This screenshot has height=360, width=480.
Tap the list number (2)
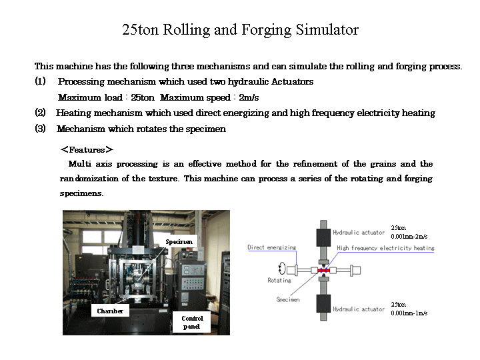[x=40, y=113]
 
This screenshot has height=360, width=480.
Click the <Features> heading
[x=87, y=150]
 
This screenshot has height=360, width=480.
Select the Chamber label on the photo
[x=110, y=311]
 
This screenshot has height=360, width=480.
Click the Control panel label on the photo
[x=191, y=322]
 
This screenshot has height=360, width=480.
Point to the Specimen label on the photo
[x=179, y=241]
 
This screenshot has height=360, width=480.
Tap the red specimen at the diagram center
[x=323, y=270]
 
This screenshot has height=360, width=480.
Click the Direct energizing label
[x=272, y=247]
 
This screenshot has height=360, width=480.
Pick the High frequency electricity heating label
[x=385, y=248]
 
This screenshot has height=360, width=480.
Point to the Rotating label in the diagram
[x=279, y=280]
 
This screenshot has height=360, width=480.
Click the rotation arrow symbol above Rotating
[x=281, y=269]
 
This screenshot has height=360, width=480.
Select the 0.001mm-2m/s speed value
[x=409, y=236]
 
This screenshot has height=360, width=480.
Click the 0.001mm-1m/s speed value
[x=409, y=313]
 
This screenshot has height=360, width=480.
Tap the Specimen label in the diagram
[x=288, y=299]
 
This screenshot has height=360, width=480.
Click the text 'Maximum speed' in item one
[x=195, y=97]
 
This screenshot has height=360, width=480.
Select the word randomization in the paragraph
[x=89, y=178]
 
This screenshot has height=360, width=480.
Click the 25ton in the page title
[x=140, y=30]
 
